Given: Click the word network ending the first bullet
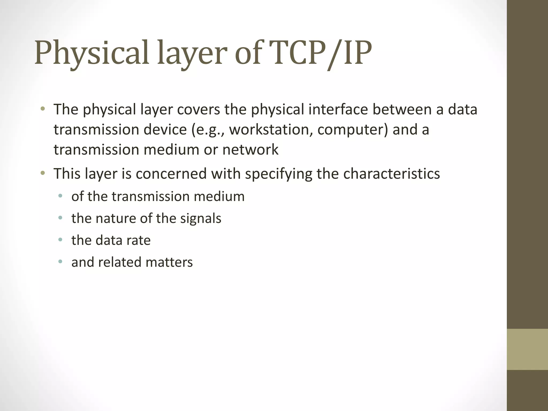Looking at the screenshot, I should pyautogui.click(x=250, y=149).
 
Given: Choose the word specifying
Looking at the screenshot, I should pyautogui.click(x=279, y=174).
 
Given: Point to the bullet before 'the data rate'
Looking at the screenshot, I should pyautogui.click(x=60, y=240).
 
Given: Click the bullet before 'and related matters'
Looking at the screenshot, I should pyautogui.click(x=60, y=261).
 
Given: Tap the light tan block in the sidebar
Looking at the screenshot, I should pyautogui.click(x=527, y=349).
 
